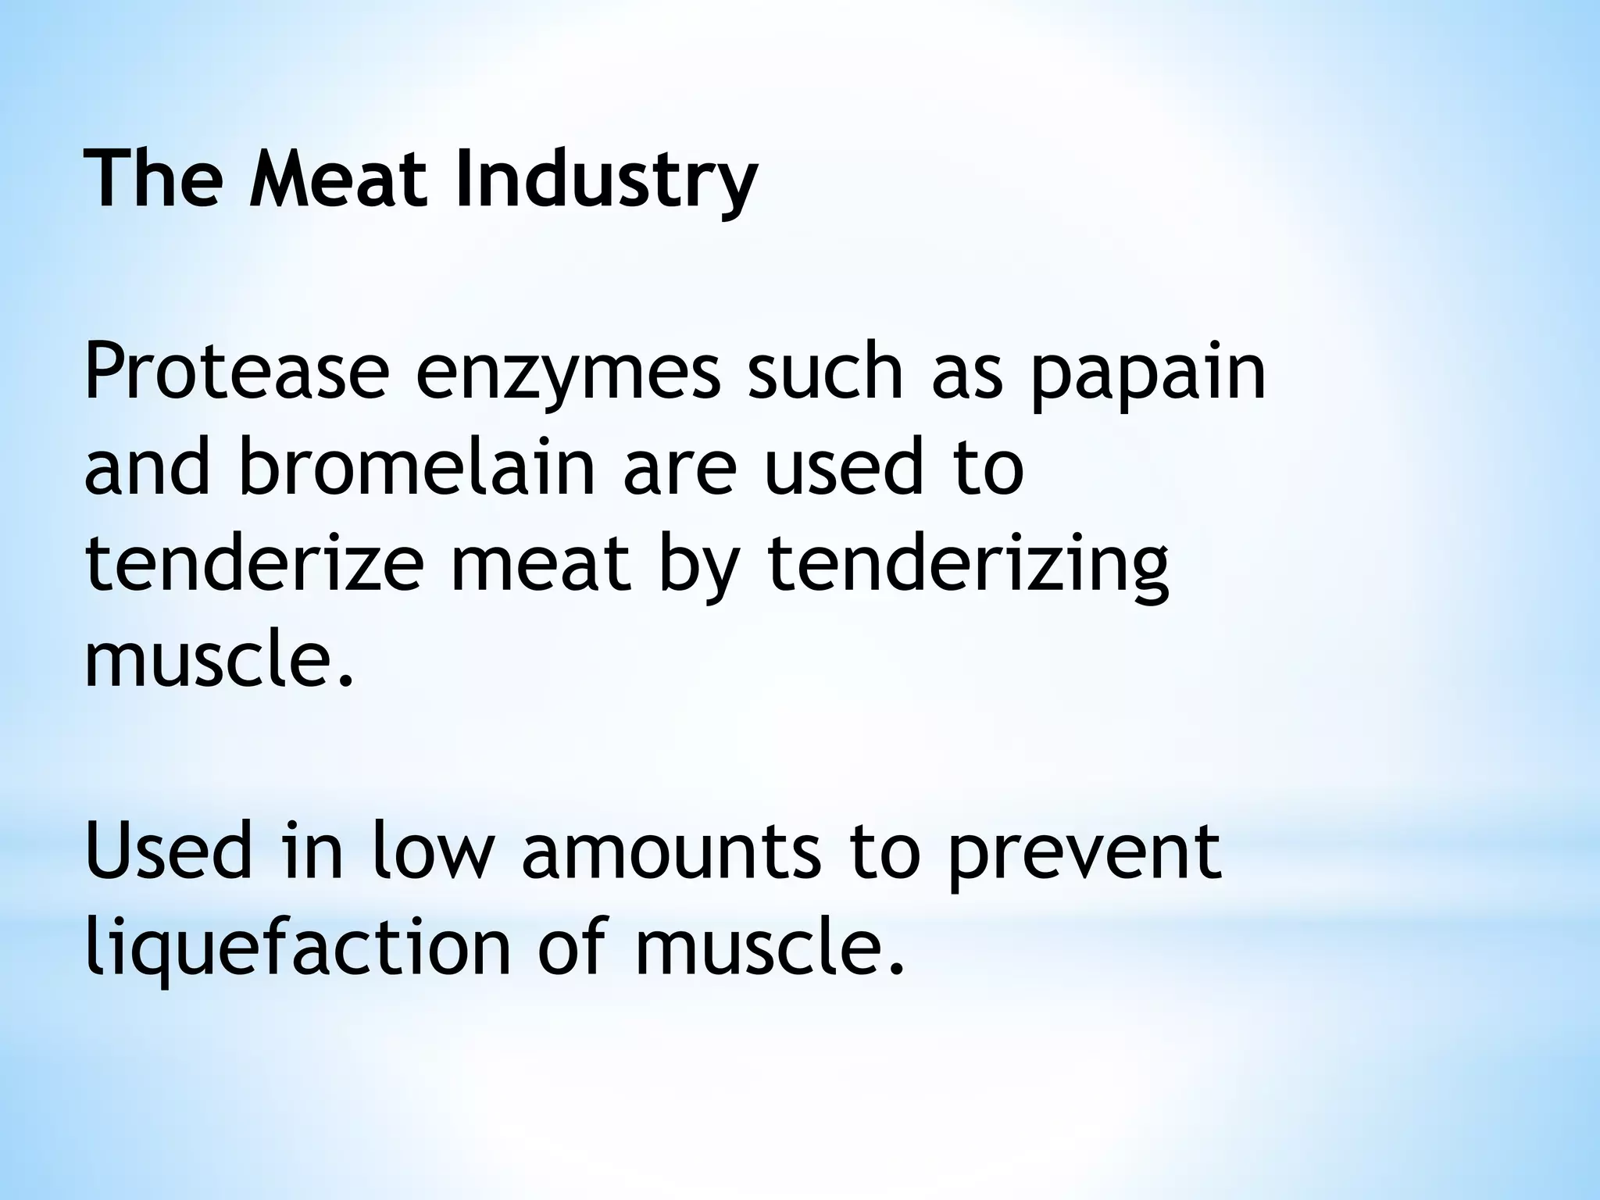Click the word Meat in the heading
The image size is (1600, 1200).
click(x=339, y=180)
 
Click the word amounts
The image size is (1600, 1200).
click(x=672, y=852)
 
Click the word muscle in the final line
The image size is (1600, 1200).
click(x=770, y=946)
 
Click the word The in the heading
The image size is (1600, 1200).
click(x=153, y=180)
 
